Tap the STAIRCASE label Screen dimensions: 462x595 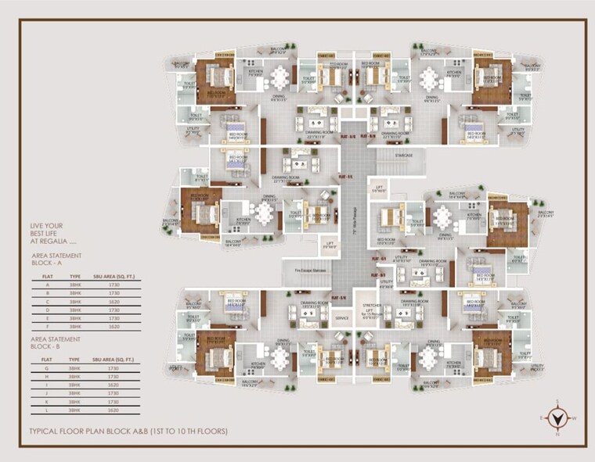404,156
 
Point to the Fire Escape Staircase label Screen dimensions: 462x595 309,270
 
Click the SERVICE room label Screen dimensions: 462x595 341,318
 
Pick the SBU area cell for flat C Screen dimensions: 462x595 115,300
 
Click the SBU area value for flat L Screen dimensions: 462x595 115,410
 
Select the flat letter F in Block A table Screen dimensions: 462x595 47,325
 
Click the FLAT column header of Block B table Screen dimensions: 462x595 47,360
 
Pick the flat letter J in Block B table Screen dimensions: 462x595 47,393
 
